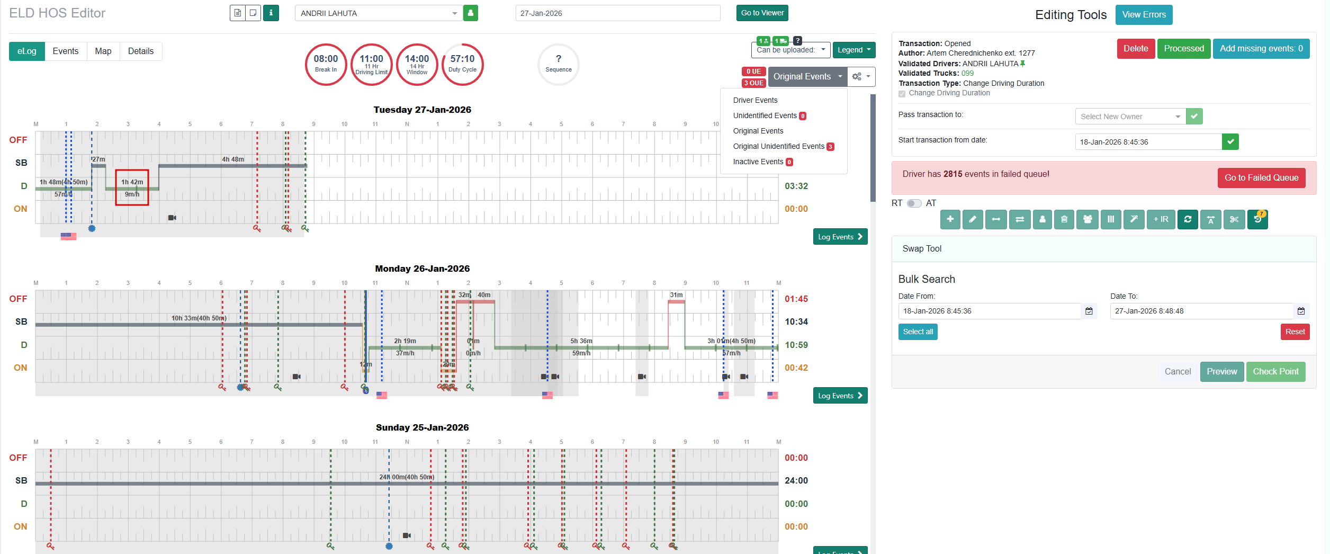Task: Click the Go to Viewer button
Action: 762,13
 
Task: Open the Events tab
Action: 65,51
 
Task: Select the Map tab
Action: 103,51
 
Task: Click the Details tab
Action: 140,51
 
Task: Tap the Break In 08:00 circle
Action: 326,64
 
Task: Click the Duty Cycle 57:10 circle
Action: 462,64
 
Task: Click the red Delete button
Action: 1136,49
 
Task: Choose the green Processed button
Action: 1183,49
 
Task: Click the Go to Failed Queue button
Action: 1261,178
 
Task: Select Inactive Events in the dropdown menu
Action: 758,162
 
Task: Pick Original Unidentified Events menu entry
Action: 778,147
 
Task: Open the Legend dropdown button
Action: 853,50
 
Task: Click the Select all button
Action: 918,332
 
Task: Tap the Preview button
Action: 1221,372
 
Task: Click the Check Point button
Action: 1275,372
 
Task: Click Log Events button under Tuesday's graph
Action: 840,237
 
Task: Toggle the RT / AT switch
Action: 914,203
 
